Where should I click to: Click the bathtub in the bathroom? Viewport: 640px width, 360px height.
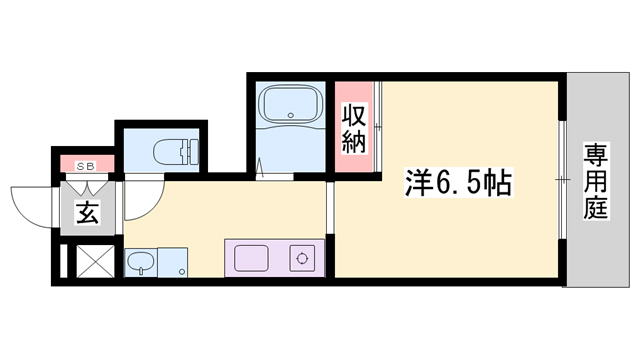(x=290, y=104)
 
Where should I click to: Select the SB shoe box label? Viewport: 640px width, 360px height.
(x=86, y=166)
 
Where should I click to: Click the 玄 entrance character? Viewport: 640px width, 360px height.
(x=86, y=213)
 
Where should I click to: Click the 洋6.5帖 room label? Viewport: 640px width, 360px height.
(x=458, y=183)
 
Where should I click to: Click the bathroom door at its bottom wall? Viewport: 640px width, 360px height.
(x=275, y=176)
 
